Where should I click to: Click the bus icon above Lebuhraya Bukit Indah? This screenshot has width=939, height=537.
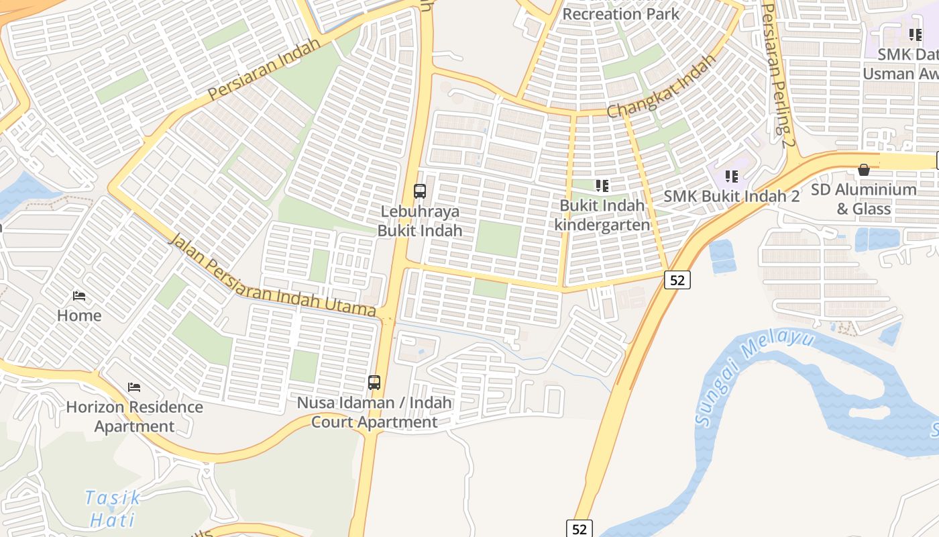point(420,191)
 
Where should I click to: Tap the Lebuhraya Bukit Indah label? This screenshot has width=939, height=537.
point(420,221)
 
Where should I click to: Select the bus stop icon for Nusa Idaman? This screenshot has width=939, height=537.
point(374,383)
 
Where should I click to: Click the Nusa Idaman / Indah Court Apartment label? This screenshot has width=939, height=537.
point(374,412)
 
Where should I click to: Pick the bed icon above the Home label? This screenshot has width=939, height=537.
point(79,296)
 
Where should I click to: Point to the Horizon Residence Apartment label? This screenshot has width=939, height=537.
point(134,416)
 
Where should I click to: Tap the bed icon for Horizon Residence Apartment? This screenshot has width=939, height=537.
point(134,387)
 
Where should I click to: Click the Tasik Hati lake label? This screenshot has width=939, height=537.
point(113,508)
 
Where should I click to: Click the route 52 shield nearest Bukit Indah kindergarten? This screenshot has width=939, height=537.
point(677,280)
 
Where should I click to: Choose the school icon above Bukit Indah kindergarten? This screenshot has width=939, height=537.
point(602,185)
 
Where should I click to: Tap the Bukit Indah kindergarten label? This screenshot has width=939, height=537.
point(602,215)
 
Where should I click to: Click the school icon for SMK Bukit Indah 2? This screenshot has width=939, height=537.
point(732,177)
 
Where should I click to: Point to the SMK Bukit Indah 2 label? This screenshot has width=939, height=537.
point(732,196)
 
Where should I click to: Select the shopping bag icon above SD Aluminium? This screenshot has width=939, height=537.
point(864,170)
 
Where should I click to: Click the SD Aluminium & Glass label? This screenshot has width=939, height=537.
point(864,199)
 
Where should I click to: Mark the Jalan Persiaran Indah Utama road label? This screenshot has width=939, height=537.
point(272,276)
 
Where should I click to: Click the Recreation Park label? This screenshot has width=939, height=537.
point(620,13)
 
